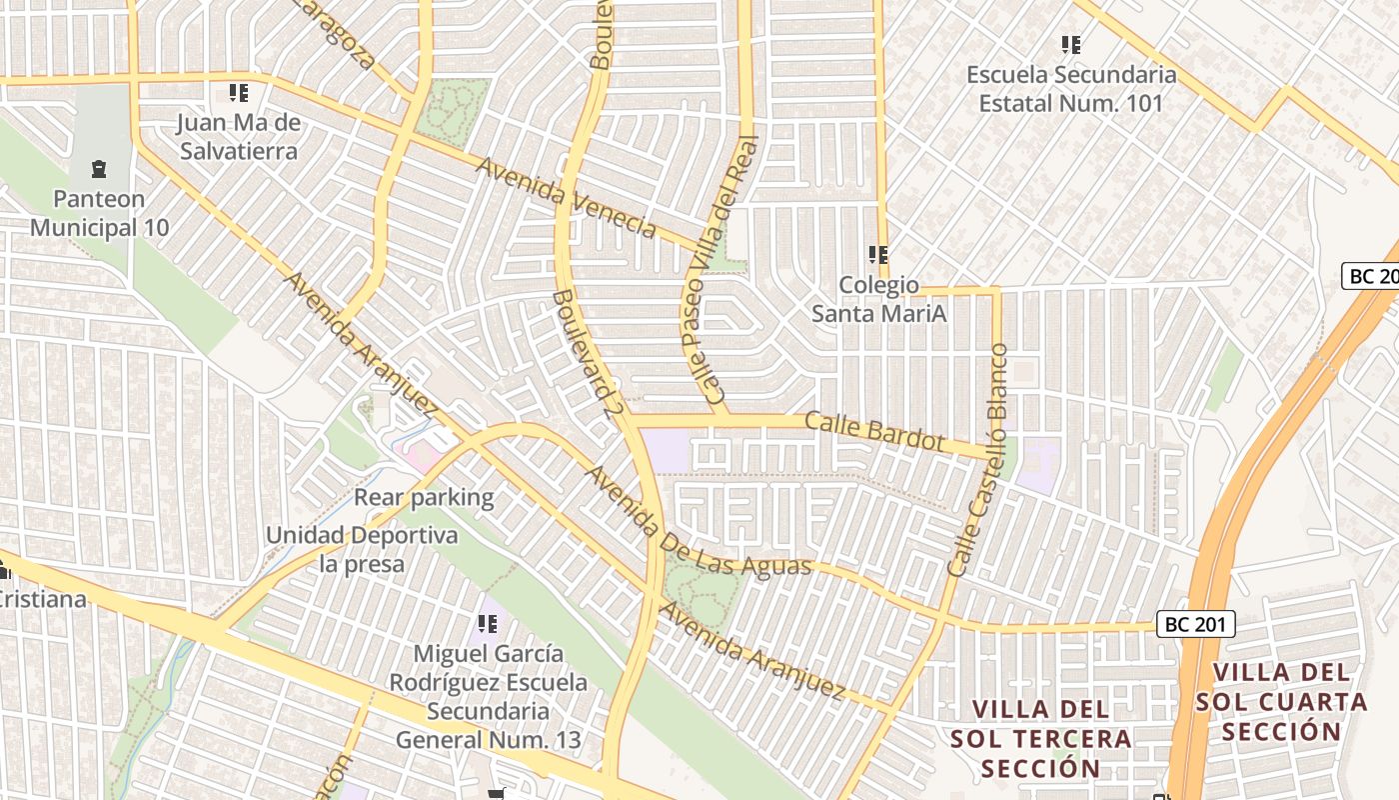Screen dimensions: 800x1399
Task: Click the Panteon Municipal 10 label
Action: click(x=99, y=213)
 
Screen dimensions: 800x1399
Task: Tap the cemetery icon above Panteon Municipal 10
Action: click(x=98, y=168)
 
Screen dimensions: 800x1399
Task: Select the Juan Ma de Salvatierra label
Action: click(x=238, y=137)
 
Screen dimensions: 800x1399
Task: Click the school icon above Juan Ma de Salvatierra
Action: click(x=238, y=93)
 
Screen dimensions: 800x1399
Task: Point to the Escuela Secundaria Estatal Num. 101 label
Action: click(x=1071, y=88)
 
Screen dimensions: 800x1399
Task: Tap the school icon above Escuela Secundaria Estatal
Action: click(x=1071, y=44)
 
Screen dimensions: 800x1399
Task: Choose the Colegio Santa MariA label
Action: click(x=878, y=299)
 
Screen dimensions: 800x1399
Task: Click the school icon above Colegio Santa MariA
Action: click(x=878, y=254)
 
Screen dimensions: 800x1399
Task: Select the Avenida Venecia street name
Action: click(x=566, y=197)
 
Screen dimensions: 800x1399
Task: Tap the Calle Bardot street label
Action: click(x=874, y=430)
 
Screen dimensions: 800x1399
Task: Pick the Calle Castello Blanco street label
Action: click(x=979, y=460)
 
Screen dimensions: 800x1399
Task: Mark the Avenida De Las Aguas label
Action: click(x=698, y=521)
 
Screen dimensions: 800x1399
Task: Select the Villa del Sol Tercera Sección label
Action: click(x=1040, y=739)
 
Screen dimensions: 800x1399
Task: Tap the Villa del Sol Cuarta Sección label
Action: click(x=1282, y=702)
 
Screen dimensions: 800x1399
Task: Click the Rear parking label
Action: click(x=424, y=497)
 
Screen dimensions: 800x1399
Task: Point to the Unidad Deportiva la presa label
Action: click(x=362, y=549)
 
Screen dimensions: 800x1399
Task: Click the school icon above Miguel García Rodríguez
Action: click(x=488, y=625)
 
